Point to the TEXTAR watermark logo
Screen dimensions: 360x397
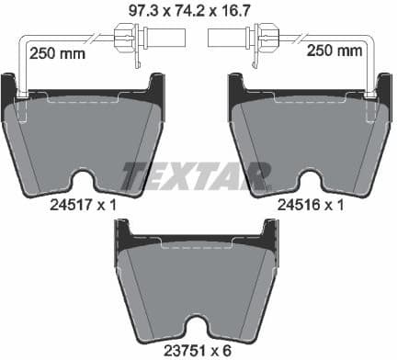click(x=196, y=175)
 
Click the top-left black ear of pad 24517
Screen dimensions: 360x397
click(x=11, y=88)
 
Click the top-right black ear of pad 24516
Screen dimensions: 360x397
click(x=381, y=88)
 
